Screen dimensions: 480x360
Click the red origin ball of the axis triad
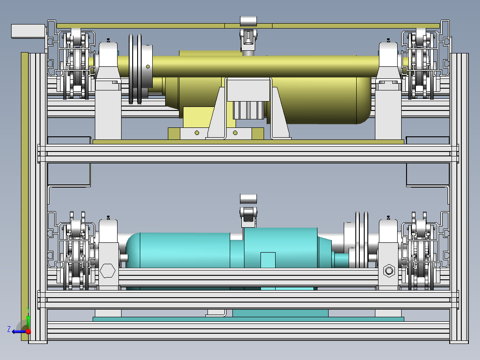[28, 331]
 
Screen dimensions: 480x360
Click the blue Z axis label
[9, 329]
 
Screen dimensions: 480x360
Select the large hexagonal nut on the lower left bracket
[107, 271]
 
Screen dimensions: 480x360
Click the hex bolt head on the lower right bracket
[389, 271]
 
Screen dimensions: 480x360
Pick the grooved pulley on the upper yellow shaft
[136, 69]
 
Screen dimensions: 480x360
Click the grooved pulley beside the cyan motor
[362, 240]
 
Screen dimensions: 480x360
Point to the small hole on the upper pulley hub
[148, 66]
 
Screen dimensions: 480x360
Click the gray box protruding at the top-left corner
[28, 31]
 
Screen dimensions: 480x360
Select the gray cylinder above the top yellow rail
[248, 21]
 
